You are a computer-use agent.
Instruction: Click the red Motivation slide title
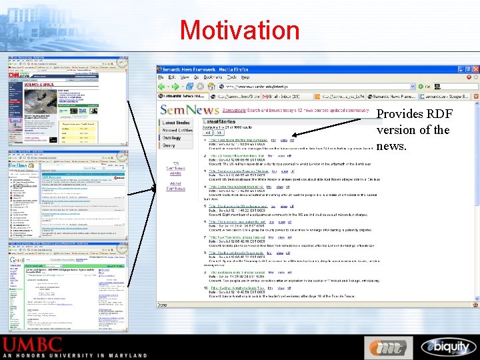(239, 30)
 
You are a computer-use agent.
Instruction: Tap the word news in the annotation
(392, 145)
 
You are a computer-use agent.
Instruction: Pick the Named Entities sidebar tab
(177, 130)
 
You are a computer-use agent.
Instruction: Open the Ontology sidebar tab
(172, 137)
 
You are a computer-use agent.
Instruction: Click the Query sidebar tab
(169, 145)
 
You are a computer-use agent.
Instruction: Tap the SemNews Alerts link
(176, 170)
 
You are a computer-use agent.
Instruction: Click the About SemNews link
(176, 186)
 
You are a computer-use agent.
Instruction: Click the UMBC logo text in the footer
(41, 346)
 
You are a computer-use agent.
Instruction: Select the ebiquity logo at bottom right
(447, 347)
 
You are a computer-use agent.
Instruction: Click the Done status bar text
(163, 304)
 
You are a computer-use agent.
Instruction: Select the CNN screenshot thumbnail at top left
(67, 100)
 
